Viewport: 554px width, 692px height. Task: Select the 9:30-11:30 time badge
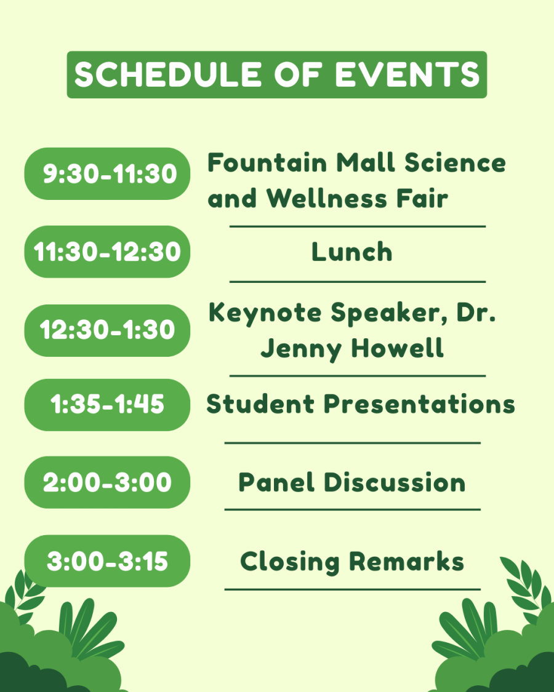tap(108, 174)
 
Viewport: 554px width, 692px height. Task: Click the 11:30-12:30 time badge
tap(108, 252)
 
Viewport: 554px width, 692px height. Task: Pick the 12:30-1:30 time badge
tap(108, 330)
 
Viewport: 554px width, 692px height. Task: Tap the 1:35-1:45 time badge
tap(108, 405)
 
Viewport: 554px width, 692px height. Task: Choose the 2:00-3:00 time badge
tap(108, 482)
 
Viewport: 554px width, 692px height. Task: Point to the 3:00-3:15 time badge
tap(108, 561)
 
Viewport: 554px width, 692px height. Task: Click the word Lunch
tap(351, 252)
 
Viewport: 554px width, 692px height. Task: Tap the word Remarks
tap(406, 561)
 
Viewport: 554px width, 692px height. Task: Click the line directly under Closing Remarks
tap(352, 589)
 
